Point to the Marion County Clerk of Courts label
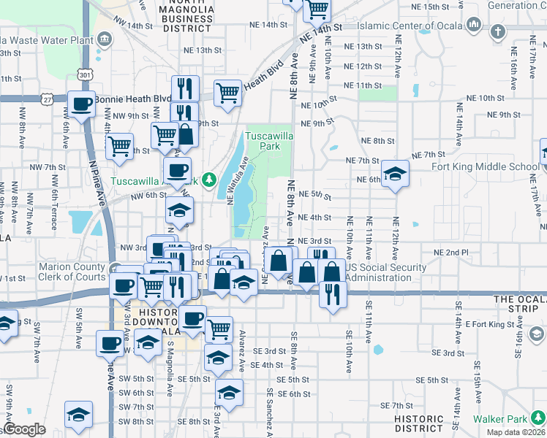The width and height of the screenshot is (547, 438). click(x=72, y=272)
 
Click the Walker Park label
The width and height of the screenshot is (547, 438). click(x=499, y=419)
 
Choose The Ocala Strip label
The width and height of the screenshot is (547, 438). click(x=519, y=299)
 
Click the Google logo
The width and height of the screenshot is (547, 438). click(x=24, y=429)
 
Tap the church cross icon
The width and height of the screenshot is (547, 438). click(x=497, y=31)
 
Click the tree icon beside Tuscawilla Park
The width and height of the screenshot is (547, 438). click(x=209, y=179)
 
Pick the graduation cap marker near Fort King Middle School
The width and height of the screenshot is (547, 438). click(x=395, y=174)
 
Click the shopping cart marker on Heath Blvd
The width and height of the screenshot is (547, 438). click(x=227, y=93)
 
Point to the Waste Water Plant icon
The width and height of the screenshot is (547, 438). click(x=103, y=37)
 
